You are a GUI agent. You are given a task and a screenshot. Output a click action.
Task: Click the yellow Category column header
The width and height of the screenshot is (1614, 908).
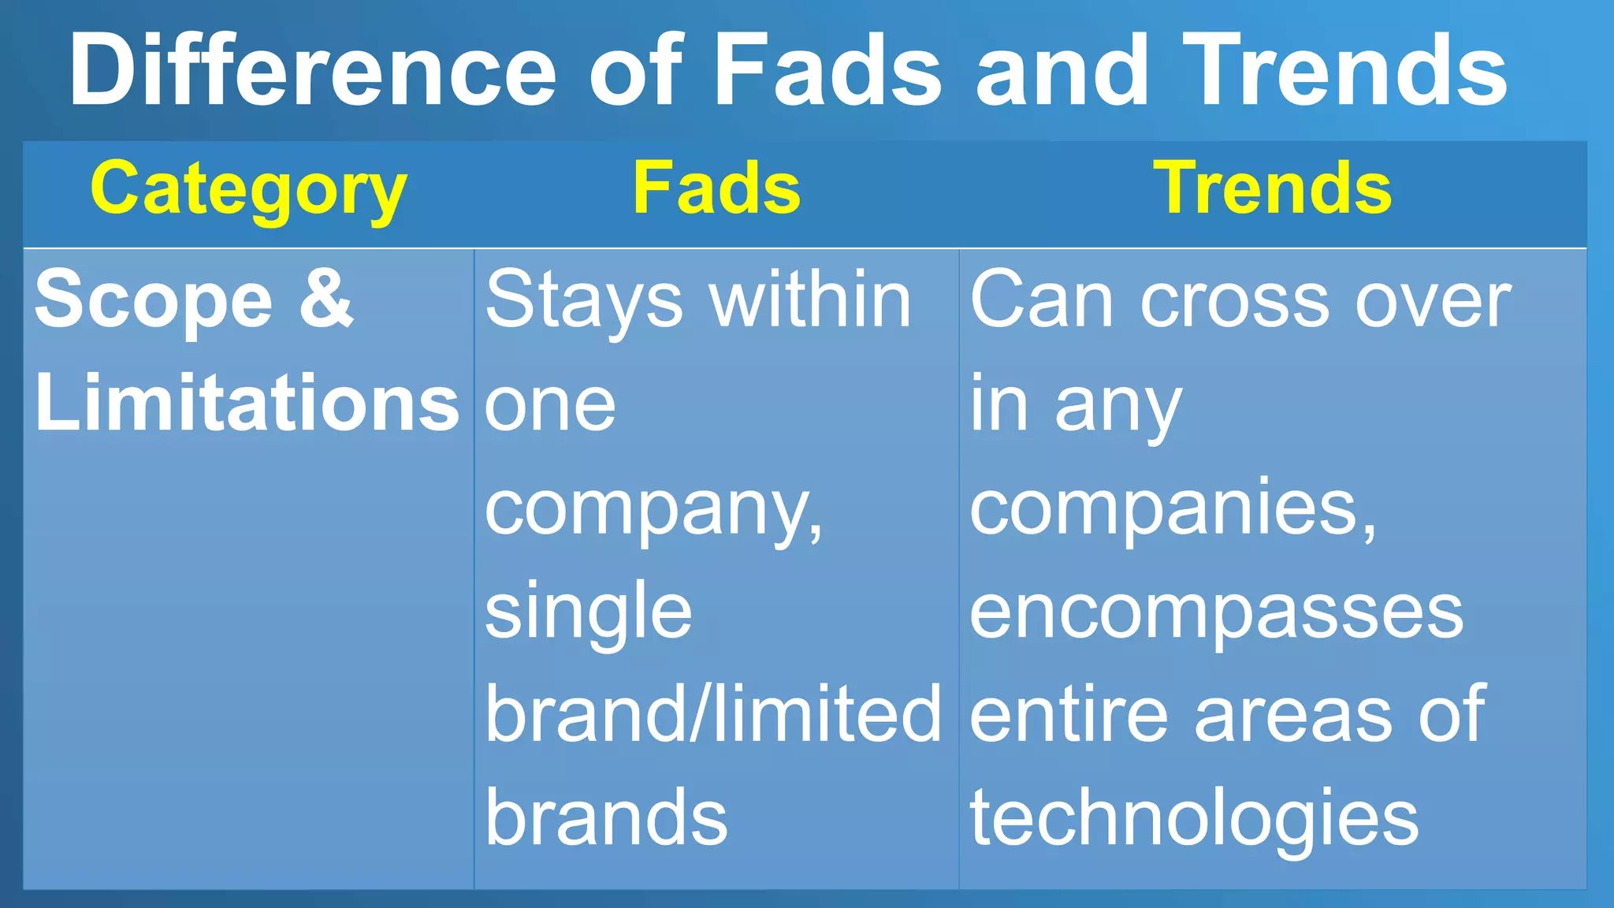[x=248, y=189]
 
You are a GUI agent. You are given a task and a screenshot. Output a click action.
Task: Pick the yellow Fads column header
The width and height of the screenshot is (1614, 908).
[x=716, y=189]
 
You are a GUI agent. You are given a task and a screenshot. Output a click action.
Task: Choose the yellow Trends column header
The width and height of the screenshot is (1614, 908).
[x=1273, y=189]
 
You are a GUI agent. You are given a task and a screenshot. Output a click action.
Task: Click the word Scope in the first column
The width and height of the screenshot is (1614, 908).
[x=154, y=300]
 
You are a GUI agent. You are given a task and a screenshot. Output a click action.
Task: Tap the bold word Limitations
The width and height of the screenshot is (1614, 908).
[x=247, y=403]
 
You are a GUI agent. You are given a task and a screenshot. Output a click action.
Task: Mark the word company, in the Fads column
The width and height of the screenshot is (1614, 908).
[x=653, y=511]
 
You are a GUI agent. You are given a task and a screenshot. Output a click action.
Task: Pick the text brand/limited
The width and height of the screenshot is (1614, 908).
[x=712, y=714]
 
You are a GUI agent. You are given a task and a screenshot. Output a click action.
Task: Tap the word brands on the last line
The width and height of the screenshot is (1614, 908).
[x=606, y=817]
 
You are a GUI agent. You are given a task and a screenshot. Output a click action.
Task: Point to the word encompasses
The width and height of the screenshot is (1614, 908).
[x=1216, y=614]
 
